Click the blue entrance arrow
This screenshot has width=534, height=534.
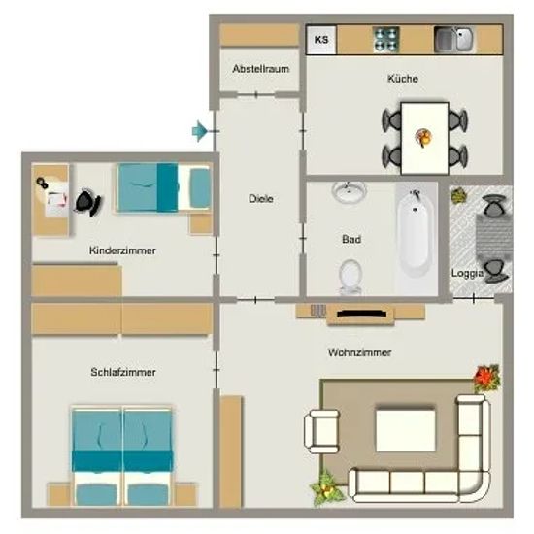200,131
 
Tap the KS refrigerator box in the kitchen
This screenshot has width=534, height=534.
321,40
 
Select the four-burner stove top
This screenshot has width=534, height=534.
385,40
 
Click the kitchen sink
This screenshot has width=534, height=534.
453,40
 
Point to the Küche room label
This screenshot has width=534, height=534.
403,79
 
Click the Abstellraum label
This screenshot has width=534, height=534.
261,69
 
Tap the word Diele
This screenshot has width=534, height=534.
261,198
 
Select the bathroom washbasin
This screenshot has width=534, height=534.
349,191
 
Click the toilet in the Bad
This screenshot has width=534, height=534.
350,278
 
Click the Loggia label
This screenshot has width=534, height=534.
467,273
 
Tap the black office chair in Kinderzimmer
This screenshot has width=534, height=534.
87,202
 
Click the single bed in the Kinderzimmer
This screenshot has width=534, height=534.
163,188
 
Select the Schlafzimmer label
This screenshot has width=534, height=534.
123,372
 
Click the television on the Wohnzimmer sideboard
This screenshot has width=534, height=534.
361,314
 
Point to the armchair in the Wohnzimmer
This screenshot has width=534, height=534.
321,431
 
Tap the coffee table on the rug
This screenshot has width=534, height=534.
405,430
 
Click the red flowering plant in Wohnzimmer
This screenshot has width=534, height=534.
487,378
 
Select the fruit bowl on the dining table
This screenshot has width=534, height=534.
423,138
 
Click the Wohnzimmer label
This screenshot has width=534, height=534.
359,352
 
